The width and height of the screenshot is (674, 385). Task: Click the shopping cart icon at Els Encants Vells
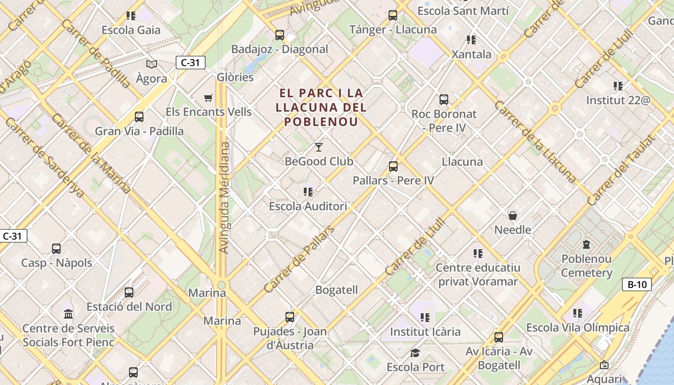tap(208, 98)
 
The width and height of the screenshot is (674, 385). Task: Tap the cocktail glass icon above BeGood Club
tap(318, 147)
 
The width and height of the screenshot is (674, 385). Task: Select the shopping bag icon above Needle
tap(513, 216)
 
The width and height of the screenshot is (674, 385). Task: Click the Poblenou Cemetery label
tap(586, 266)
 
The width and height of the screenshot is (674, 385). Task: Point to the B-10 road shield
tap(636, 284)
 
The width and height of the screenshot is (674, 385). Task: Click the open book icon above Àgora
tap(152, 64)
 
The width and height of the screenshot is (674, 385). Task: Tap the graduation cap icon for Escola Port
tap(415, 353)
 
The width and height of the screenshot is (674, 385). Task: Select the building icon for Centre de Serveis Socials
tap(68, 314)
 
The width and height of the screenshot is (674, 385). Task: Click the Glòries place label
tap(235, 77)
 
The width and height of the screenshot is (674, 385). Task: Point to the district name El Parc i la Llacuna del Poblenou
tap(321, 107)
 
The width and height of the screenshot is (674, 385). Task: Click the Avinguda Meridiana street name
tap(223, 197)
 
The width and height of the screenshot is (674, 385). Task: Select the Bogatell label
tap(337, 290)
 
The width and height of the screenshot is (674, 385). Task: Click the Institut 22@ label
tap(618, 101)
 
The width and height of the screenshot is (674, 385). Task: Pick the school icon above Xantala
tap(471, 39)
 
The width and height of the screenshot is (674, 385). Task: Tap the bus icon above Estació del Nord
tap(129, 292)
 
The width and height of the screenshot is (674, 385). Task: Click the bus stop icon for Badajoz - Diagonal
tap(280, 35)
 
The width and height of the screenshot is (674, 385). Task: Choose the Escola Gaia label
tap(131, 30)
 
